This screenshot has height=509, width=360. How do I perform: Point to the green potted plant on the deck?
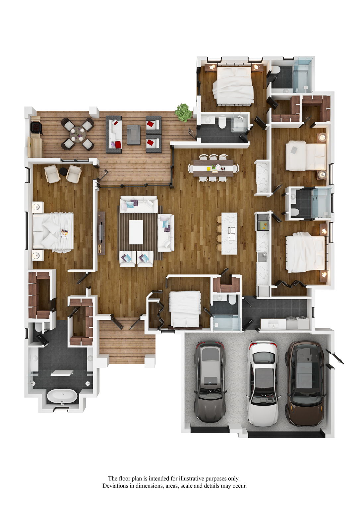tap(183, 112)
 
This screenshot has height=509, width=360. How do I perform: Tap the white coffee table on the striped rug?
tap(136, 232)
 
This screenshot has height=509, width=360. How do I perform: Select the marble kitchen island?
tap(229, 233)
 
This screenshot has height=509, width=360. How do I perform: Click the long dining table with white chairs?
tap(213, 168)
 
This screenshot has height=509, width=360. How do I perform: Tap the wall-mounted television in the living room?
tap(101, 233)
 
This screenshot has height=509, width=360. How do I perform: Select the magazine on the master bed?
tap(64, 234)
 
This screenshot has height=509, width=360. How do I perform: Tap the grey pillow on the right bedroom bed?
tap(294, 149)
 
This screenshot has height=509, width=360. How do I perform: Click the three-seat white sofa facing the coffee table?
tap(139, 204)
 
